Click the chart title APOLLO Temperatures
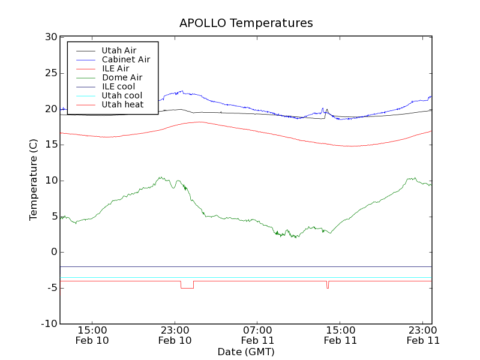pos(246,23)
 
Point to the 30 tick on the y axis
pos(50,37)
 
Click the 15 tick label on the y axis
pos(50,145)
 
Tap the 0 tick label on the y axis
pos(53,252)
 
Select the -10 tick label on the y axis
pos(49,324)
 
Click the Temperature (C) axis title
pos(34,180)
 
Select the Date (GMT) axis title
pos(246,352)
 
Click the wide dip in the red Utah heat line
pos(187,288)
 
